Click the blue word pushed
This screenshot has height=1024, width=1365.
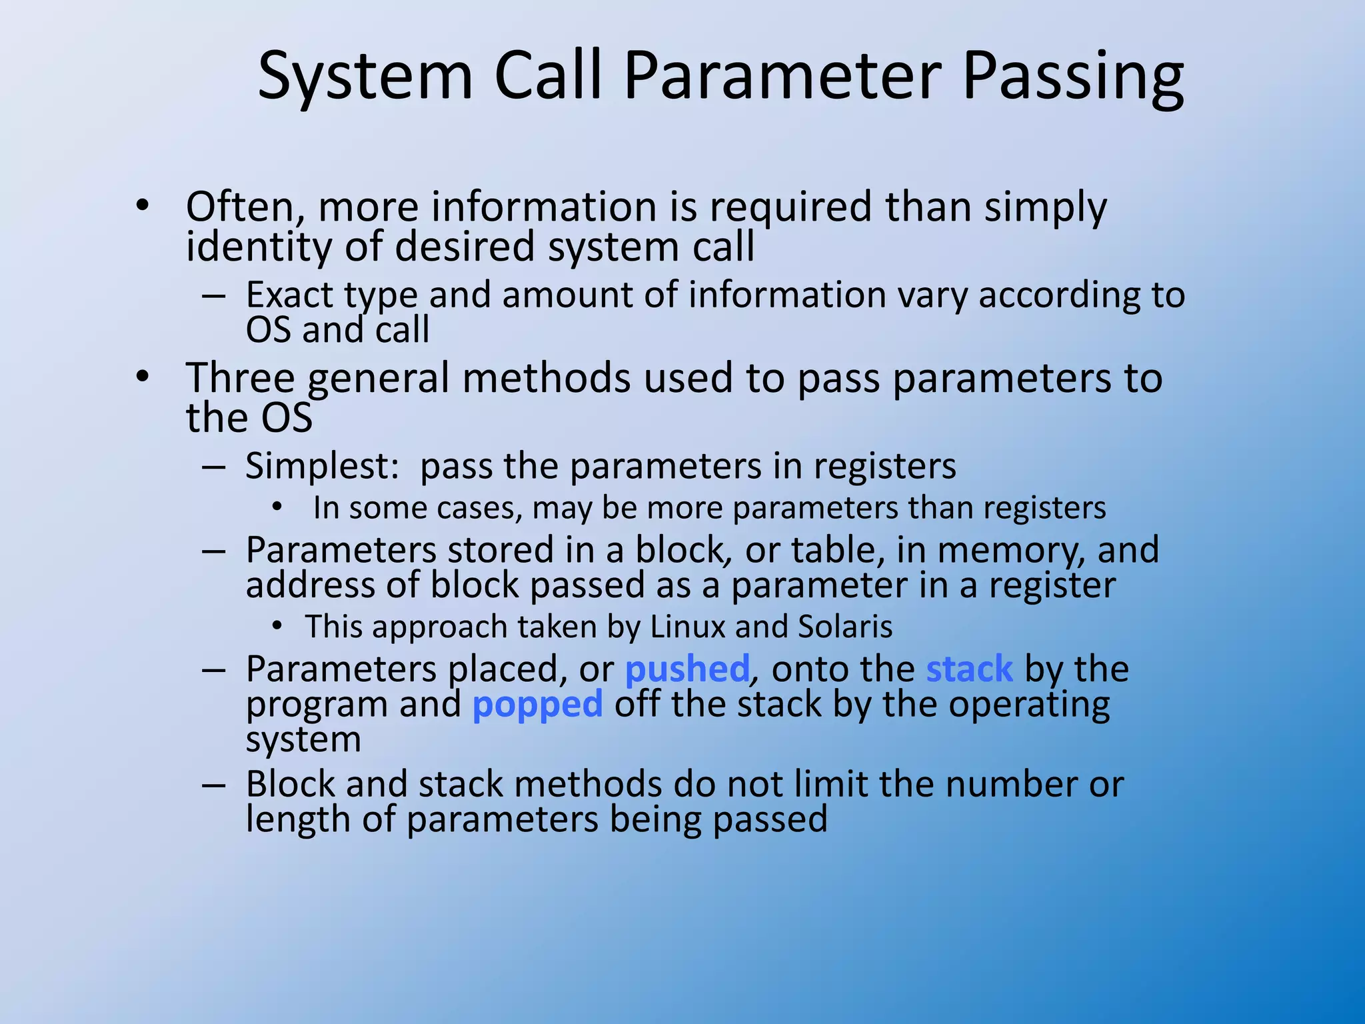pos(687,669)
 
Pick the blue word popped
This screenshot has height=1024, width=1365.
pos(537,705)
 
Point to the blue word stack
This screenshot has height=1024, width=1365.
pos(969,669)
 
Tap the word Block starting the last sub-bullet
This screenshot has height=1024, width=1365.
pos(290,784)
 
